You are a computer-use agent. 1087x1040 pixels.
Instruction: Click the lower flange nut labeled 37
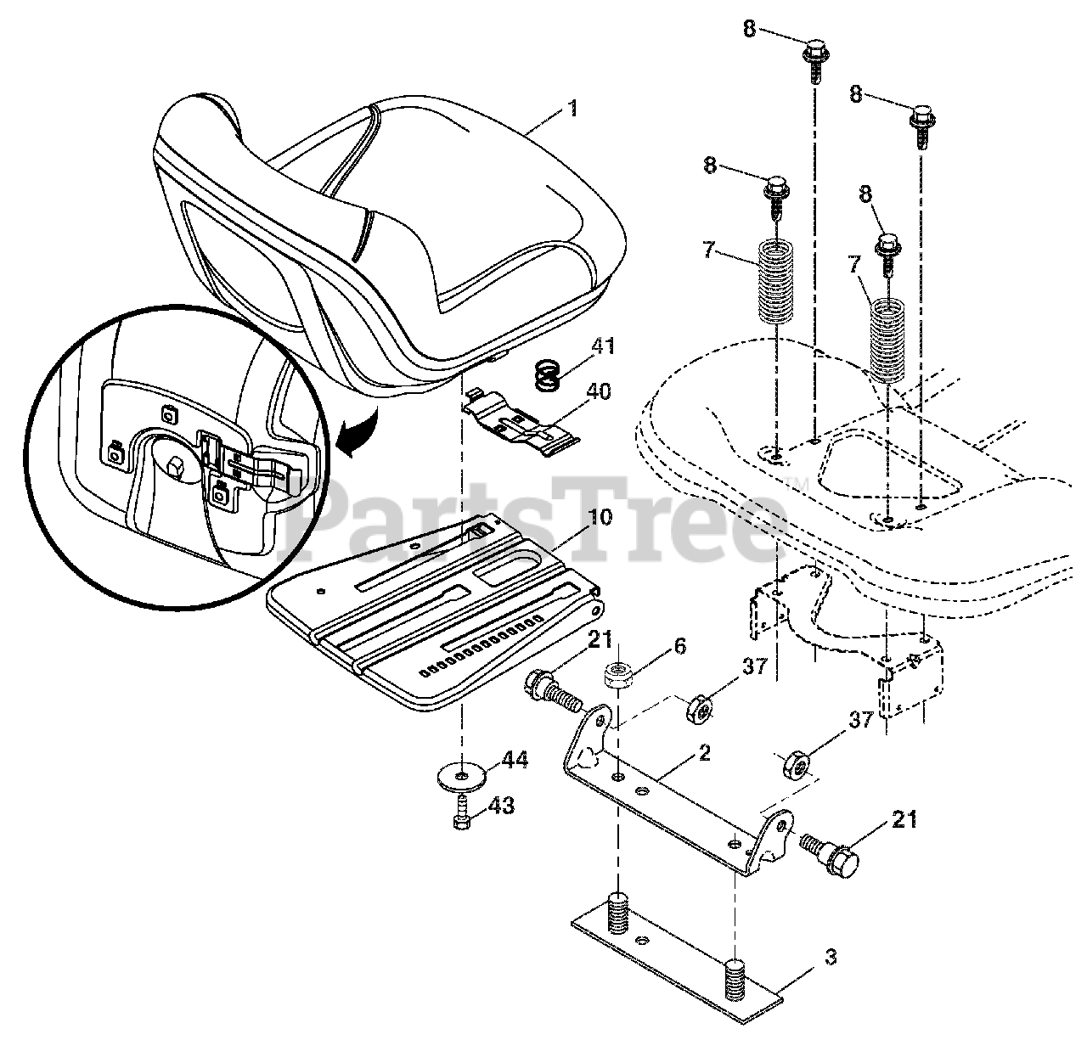pos(797,762)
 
